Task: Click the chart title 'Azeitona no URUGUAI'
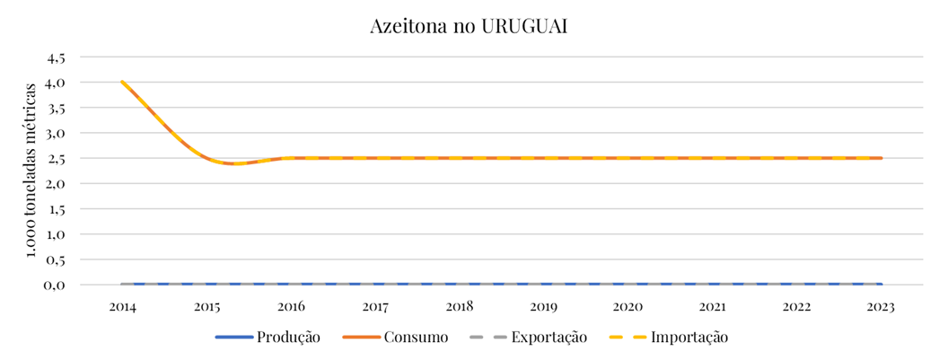point(469,26)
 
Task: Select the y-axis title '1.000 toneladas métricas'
point(32,170)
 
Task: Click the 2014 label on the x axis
point(122,306)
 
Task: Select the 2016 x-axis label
point(291,306)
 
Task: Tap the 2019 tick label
point(544,306)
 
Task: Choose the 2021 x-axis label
point(713,306)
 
